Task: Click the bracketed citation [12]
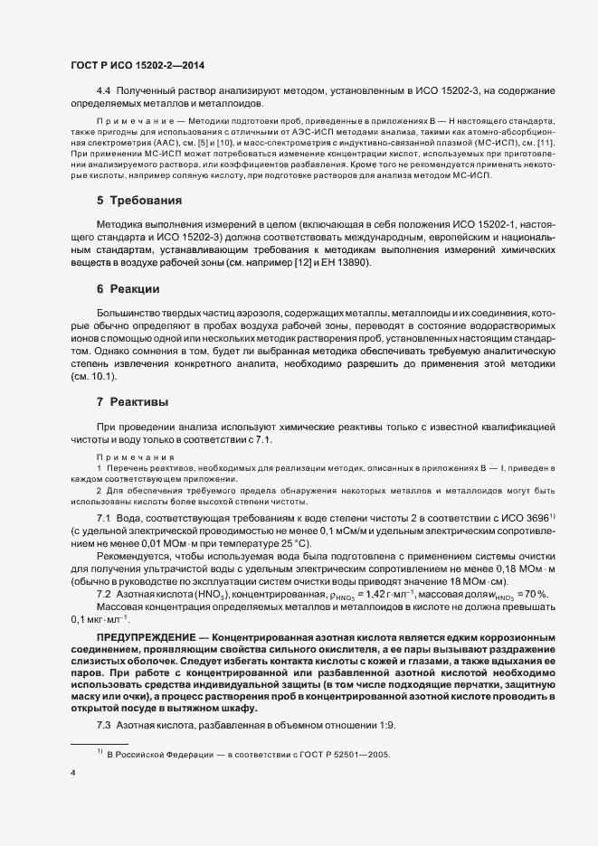pos(290,262)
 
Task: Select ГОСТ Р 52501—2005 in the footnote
pos(337,753)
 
